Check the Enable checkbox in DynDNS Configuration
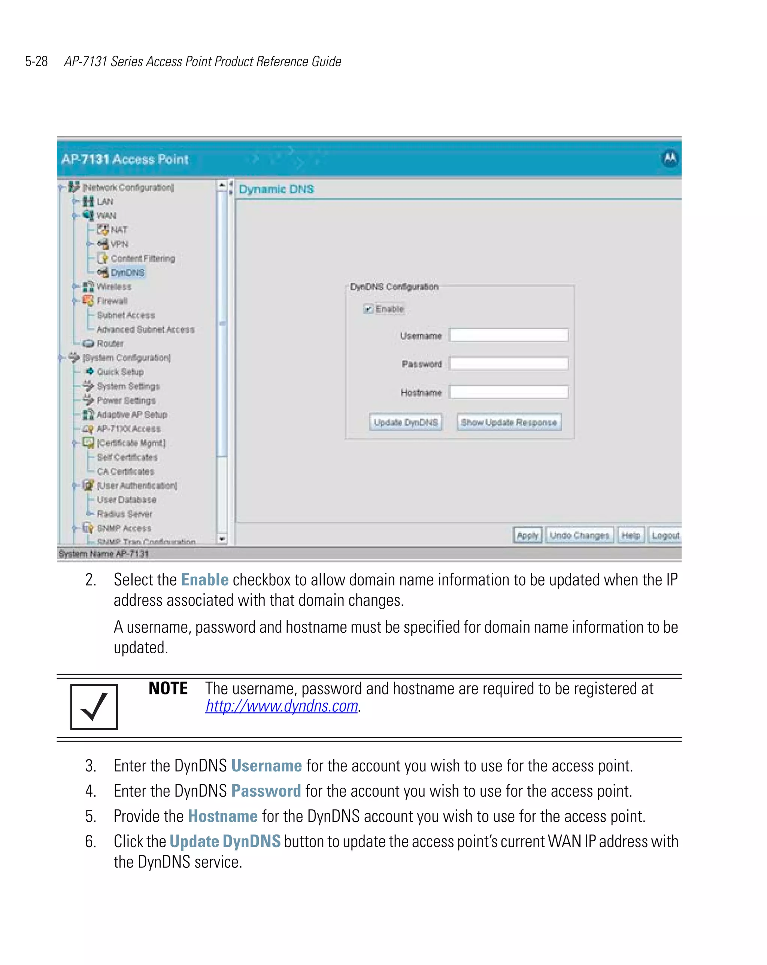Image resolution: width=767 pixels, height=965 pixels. pos(368,309)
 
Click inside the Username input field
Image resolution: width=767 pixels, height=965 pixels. pos(508,335)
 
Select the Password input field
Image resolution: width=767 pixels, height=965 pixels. pos(508,363)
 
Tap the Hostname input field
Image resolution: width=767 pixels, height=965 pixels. pos(508,392)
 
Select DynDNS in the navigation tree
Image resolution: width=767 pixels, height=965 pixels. pos(128,272)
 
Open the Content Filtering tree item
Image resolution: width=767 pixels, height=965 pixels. pos(142,258)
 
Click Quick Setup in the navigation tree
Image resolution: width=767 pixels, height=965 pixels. pos(120,372)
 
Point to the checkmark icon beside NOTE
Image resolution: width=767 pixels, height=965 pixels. pos(94,707)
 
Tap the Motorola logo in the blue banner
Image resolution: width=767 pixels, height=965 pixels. pos(670,158)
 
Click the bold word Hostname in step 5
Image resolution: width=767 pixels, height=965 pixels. pos(223,816)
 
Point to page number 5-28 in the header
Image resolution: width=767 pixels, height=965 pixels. pos(36,61)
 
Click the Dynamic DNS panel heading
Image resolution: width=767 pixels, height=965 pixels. pos(276,189)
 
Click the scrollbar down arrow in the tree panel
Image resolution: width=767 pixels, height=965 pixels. pos(222,539)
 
